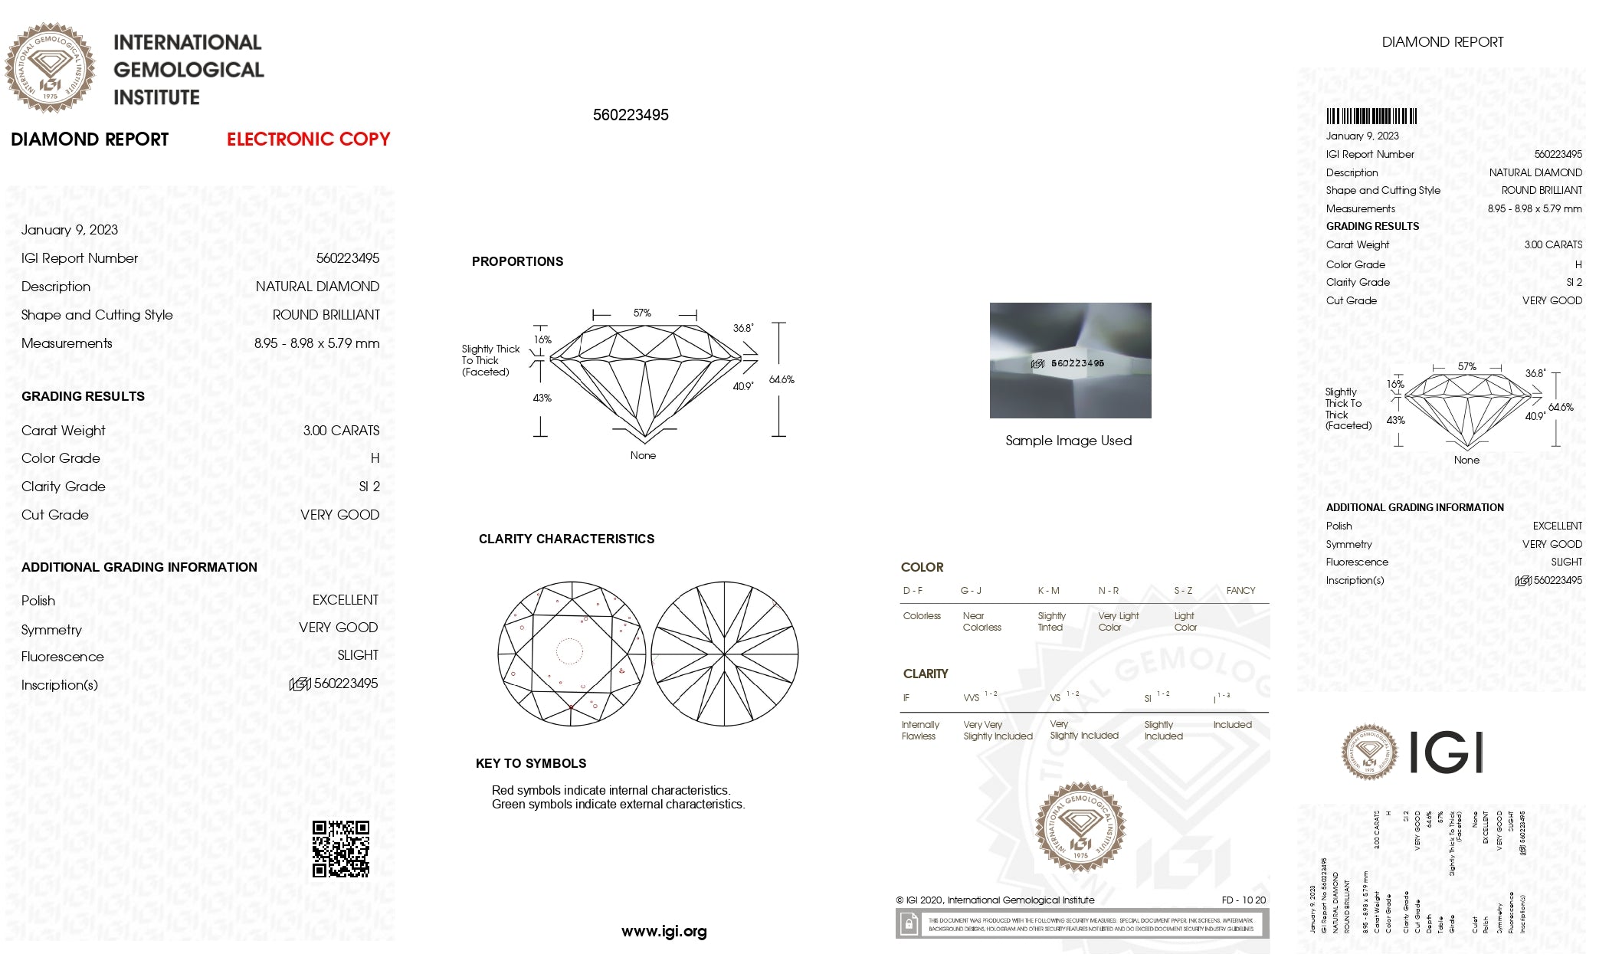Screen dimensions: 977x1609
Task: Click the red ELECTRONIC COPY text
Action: tap(308, 139)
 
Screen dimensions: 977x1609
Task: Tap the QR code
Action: tap(341, 849)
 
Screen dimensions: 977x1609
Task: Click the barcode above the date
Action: tap(1371, 116)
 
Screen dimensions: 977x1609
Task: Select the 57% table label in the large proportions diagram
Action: tap(642, 313)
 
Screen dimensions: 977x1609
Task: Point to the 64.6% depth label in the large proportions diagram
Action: tap(782, 380)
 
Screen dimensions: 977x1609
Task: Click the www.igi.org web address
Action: tap(664, 932)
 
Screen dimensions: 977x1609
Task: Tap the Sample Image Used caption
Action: tap(1068, 441)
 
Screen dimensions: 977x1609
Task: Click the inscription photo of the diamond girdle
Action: tap(1070, 360)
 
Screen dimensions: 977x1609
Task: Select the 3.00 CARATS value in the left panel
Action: tap(341, 431)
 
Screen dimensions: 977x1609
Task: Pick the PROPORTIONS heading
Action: tap(517, 262)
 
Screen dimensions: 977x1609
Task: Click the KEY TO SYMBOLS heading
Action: tap(531, 763)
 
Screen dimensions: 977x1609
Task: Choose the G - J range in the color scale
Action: tap(971, 591)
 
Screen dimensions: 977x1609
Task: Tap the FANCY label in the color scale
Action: tap(1240, 591)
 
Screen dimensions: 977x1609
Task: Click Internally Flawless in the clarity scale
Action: tap(919, 730)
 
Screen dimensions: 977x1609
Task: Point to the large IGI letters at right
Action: tap(1446, 752)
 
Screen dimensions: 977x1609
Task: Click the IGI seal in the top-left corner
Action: tap(51, 68)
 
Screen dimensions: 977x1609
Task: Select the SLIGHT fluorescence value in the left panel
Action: tap(358, 656)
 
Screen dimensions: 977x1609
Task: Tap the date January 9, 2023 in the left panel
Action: tap(70, 230)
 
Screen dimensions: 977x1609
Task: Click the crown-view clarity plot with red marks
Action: tap(571, 654)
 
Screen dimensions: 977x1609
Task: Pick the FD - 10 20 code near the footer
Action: tap(1244, 900)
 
